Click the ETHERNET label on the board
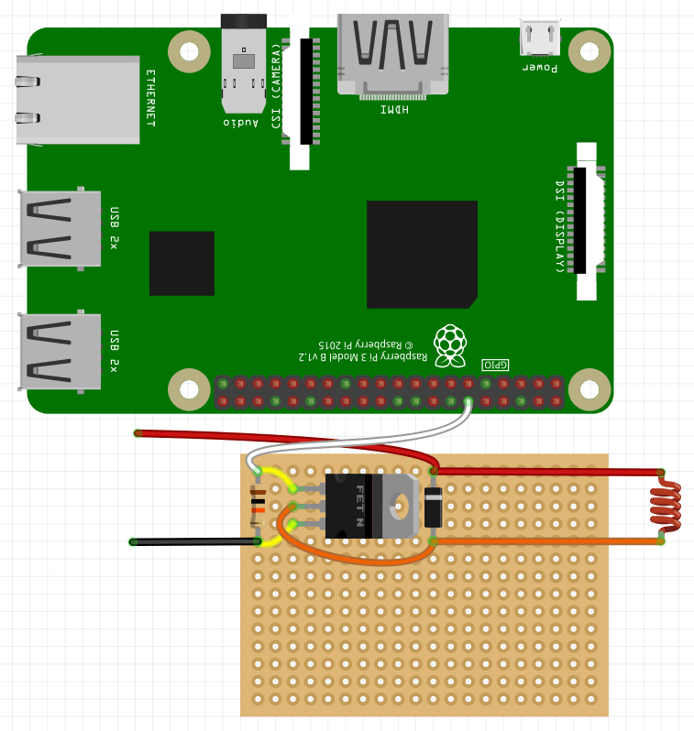click(x=150, y=98)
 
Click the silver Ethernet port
click(x=77, y=99)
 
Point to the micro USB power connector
click(x=539, y=39)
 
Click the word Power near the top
click(x=540, y=68)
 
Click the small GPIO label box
click(x=494, y=365)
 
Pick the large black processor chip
click(x=422, y=255)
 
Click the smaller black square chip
click(x=182, y=263)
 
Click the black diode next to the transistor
click(x=434, y=506)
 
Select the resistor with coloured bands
click(x=258, y=507)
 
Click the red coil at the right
click(x=666, y=507)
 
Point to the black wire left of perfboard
click(x=193, y=542)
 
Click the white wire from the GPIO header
click(x=367, y=446)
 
